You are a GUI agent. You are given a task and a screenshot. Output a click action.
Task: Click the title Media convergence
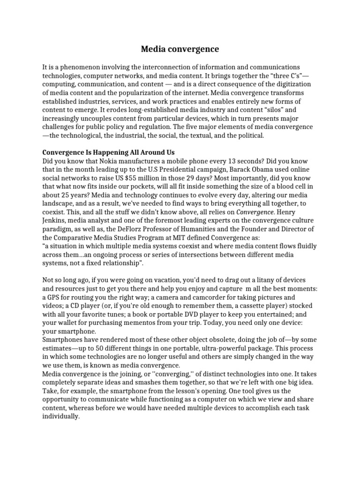click(x=180, y=49)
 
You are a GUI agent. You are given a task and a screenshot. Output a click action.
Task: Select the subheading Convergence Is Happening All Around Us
click(x=108, y=152)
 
